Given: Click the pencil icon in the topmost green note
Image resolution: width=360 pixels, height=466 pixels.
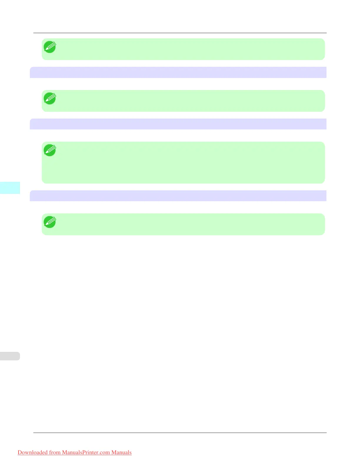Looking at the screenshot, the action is [x=50, y=47].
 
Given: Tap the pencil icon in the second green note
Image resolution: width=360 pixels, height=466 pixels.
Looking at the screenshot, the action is [x=50, y=99].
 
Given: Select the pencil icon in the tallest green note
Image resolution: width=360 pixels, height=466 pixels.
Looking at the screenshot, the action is [x=50, y=150].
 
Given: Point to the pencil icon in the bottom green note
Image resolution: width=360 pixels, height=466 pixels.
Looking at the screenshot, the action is [x=50, y=222].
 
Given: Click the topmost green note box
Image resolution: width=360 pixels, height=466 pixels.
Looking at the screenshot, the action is [x=183, y=49].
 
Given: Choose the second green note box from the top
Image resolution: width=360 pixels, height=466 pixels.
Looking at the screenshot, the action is [x=183, y=101].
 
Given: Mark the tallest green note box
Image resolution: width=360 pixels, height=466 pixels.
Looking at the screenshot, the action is [x=183, y=163].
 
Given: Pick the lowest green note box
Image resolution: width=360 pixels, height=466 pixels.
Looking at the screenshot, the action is [x=183, y=224].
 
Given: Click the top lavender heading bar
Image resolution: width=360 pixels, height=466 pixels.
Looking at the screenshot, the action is [x=178, y=72].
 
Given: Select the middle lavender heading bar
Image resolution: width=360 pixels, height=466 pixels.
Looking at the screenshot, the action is [x=178, y=124].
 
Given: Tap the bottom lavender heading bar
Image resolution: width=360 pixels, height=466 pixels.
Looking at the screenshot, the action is [x=178, y=196].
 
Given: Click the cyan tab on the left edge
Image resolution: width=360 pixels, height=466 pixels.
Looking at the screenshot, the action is [x=10, y=188].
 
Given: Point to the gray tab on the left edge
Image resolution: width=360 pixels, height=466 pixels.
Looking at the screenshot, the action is [x=10, y=356].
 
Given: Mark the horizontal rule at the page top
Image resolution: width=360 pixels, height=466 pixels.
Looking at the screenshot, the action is [x=180, y=33].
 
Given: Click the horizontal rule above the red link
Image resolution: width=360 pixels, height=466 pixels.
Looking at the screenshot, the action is [x=180, y=432].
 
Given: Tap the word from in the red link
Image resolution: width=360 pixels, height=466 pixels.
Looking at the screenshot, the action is [x=55, y=452].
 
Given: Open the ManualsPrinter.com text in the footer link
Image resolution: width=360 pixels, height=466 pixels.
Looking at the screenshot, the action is [x=86, y=452].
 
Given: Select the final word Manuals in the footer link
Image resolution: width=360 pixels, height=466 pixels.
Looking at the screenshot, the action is [x=121, y=452].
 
